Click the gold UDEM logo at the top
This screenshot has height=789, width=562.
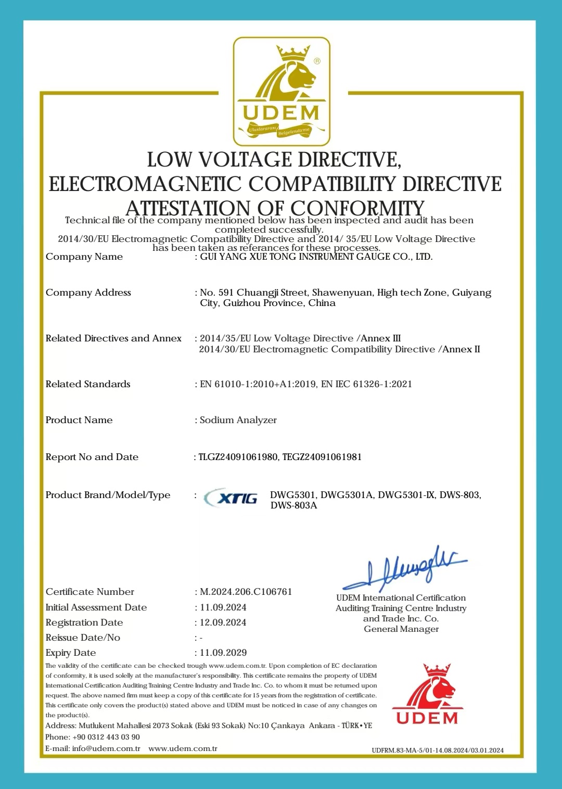coord(282,92)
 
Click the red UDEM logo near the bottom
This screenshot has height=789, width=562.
coord(427,694)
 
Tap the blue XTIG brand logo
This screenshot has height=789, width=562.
coord(232,499)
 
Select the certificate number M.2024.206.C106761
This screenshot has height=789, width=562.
coord(246,592)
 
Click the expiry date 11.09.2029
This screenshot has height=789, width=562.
coord(223,653)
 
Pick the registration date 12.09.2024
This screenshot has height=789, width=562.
coord(223,622)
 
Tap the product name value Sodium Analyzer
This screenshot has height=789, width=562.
coord(238,420)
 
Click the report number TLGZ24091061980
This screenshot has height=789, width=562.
coord(238,457)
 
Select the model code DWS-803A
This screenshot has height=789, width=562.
coord(293,505)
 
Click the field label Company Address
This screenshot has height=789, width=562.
coord(88,292)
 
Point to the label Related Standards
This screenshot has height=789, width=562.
coord(88,384)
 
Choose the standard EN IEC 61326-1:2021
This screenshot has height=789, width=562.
coord(366,384)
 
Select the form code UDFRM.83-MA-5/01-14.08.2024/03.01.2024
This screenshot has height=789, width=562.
coord(438,750)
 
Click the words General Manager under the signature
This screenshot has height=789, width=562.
coord(401,629)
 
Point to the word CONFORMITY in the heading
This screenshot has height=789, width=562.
coord(357,208)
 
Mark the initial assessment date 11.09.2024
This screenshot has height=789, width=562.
coord(223,607)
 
